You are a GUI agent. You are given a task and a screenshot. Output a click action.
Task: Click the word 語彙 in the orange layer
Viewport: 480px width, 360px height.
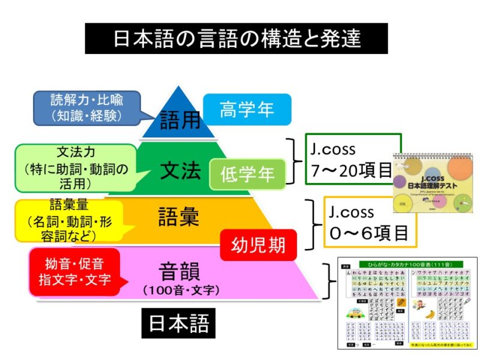point(178,217)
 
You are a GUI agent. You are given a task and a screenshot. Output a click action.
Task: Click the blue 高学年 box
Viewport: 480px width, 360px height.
point(247,110)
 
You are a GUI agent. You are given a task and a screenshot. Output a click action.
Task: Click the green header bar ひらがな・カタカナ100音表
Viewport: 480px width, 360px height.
point(408,264)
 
